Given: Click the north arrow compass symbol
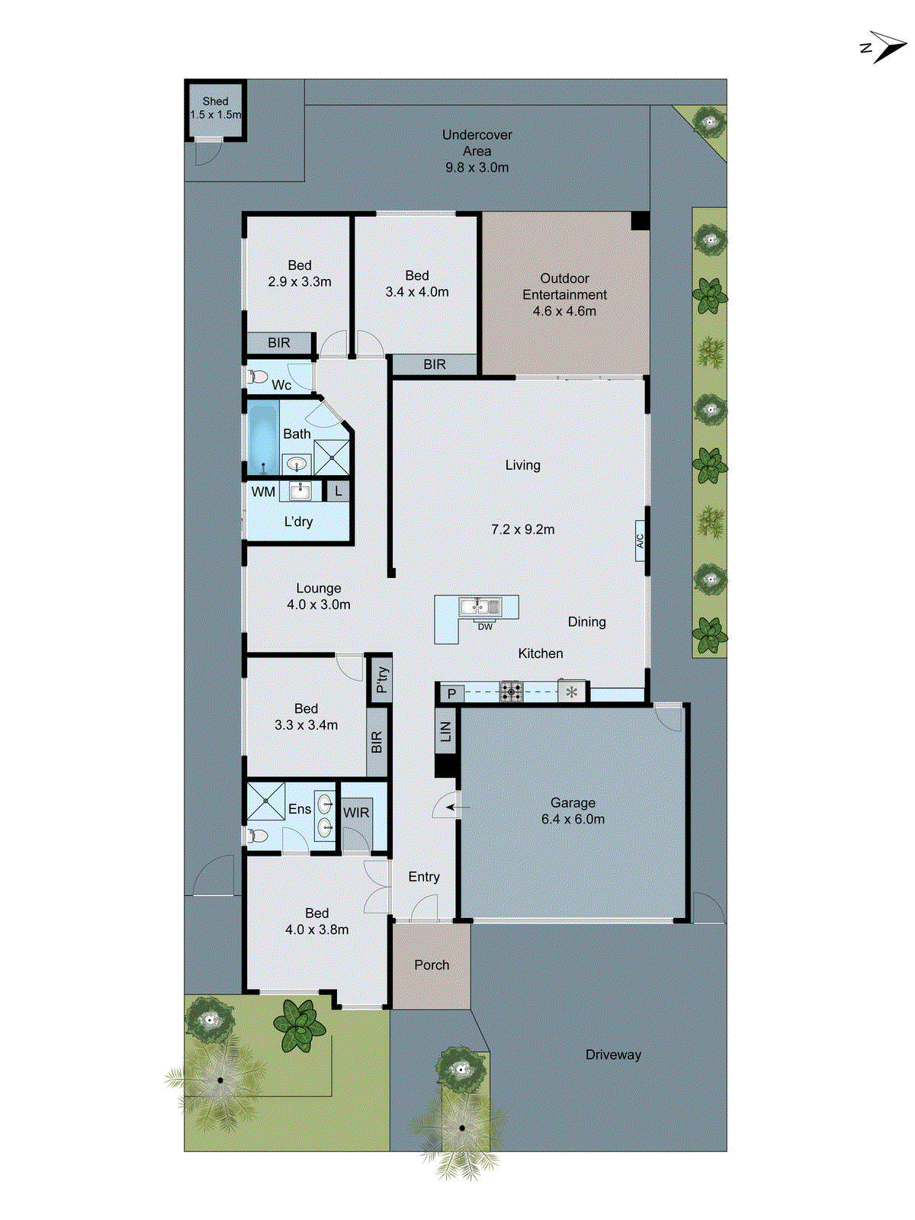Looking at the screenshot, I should point(884,47).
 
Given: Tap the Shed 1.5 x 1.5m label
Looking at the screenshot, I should point(215,108).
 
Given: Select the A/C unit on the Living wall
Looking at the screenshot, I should point(640,541).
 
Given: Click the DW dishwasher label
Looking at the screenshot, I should point(485,627).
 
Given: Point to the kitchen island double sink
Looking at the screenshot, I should point(480,607).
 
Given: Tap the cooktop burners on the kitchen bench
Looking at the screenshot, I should point(511,692).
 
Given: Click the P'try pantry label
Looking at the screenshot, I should point(381,679).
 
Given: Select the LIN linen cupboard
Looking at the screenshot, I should point(446,731).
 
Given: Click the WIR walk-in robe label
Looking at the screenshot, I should point(356,813).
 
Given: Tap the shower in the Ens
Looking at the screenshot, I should point(265,801).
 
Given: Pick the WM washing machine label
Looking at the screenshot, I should point(263,492).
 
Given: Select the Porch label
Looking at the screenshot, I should point(432,965).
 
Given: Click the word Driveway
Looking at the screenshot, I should point(613,1055).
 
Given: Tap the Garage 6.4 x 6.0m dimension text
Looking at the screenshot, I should point(573,820).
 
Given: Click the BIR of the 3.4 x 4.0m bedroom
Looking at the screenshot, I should point(435,364).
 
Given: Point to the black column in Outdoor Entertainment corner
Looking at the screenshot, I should point(640,221).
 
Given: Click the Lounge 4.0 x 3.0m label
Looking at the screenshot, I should point(319,596).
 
